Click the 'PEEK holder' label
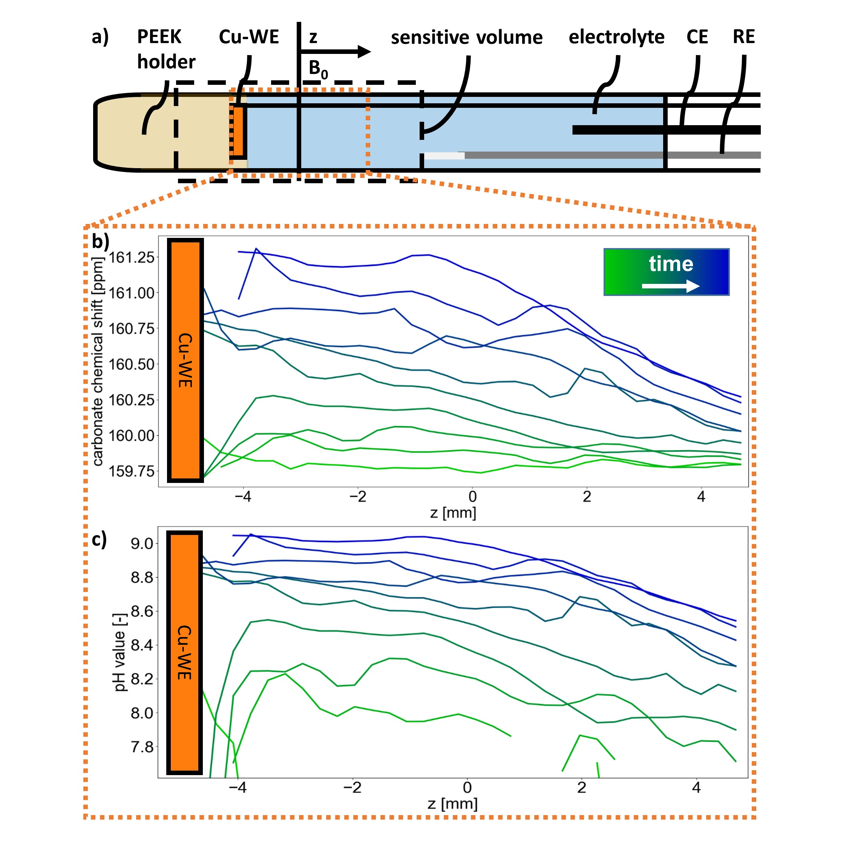tap(166, 49)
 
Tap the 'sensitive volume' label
tap(466, 38)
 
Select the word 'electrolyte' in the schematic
tap(616, 37)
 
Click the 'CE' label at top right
tap(697, 37)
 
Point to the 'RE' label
tap(743, 37)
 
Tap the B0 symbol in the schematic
tap(318, 69)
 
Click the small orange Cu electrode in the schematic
tap(238, 131)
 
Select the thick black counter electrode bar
tap(665, 130)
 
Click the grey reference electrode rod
tap(613, 155)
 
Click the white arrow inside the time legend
tap(670, 287)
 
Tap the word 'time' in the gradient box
tap(671, 264)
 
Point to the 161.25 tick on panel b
tap(131, 257)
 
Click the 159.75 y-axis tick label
tap(131, 471)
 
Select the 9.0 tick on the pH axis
tap(142, 544)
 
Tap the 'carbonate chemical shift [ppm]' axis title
tap(98, 361)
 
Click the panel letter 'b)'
tap(100, 241)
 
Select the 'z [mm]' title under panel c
tap(452, 803)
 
